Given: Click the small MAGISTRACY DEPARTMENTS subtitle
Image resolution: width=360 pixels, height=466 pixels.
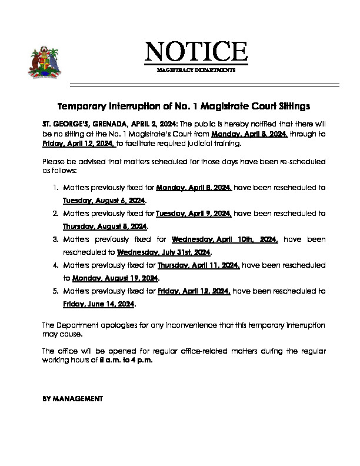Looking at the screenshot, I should [196, 70].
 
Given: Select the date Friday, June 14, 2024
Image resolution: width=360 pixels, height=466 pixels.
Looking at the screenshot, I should [99, 305].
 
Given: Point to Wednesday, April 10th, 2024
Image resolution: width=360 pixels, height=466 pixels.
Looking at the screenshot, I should [225, 239].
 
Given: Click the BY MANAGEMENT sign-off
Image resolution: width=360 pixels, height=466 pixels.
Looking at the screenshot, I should [73, 398].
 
